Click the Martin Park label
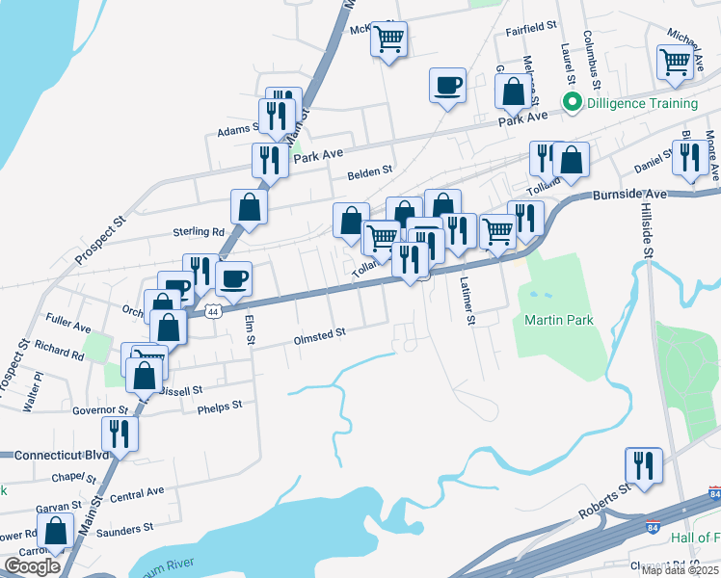point(558,320)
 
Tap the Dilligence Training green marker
point(573,103)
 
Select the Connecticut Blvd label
point(53,454)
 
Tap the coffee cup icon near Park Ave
point(447,85)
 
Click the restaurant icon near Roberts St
point(644,465)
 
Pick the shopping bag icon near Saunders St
point(56,531)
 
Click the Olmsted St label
point(319,335)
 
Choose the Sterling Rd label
point(198,232)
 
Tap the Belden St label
point(370,171)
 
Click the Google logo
point(32,566)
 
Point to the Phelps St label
point(219,407)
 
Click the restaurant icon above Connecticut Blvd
point(120,433)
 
